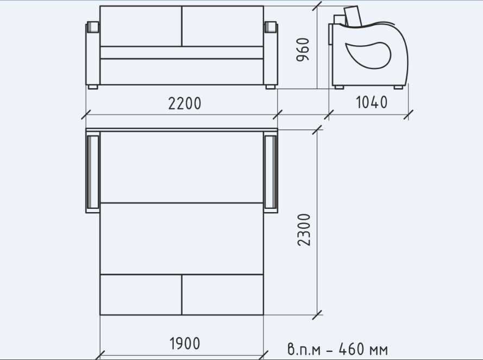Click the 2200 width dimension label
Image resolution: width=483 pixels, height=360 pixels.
click(185, 103)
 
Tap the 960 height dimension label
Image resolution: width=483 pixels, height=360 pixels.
click(303, 49)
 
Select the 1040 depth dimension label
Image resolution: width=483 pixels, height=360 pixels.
click(372, 102)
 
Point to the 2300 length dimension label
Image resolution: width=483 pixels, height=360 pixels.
click(304, 230)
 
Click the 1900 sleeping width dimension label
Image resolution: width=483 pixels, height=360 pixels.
click(185, 343)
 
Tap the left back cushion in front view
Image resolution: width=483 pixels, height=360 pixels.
click(141, 26)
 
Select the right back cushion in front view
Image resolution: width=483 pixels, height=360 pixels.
click(223, 26)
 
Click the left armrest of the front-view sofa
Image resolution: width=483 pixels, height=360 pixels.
click(93, 54)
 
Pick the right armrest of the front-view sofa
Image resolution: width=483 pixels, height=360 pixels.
click(271, 54)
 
